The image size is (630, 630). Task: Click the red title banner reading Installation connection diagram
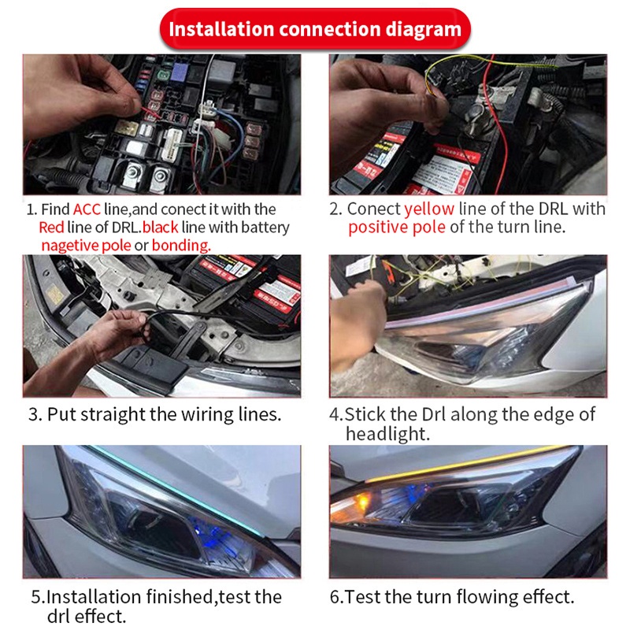coord(315,29)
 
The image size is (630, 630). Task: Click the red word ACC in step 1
coord(87,209)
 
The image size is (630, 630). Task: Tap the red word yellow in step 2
coord(429,209)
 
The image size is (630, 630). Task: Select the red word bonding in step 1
coord(181,245)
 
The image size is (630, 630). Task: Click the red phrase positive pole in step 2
coord(397,228)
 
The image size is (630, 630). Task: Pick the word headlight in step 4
coord(387,434)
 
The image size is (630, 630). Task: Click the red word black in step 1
coord(161,228)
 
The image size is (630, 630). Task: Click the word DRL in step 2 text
coord(554,209)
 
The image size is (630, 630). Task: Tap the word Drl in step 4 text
coord(434,414)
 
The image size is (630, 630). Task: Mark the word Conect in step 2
coord(373,209)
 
